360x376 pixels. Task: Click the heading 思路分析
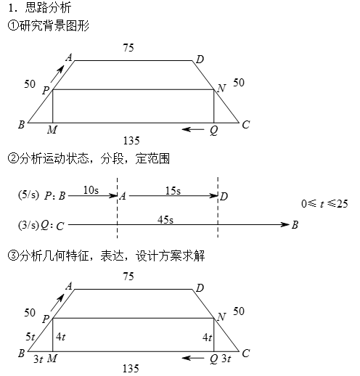(48, 8)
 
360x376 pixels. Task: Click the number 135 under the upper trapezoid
(131, 141)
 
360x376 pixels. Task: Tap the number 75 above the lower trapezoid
(128, 277)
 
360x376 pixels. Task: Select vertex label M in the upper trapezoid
(52, 130)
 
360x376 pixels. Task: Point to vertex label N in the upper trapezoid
(221, 88)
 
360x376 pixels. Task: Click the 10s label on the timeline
(91, 190)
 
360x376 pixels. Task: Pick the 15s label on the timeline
(173, 191)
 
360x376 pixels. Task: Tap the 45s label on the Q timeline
(165, 220)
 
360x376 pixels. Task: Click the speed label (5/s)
(28, 195)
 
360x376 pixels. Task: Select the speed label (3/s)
(28, 225)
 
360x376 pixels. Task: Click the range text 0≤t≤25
(324, 204)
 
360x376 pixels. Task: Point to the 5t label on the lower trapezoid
(30, 337)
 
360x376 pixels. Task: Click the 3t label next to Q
(226, 359)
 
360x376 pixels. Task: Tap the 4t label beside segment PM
(60, 337)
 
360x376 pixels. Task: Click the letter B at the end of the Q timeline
(295, 225)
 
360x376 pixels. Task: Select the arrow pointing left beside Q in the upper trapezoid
(193, 129)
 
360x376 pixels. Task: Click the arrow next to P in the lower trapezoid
(57, 303)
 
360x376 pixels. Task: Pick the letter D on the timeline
(224, 197)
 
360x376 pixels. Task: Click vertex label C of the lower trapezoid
(246, 353)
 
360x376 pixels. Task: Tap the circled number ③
(13, 256)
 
